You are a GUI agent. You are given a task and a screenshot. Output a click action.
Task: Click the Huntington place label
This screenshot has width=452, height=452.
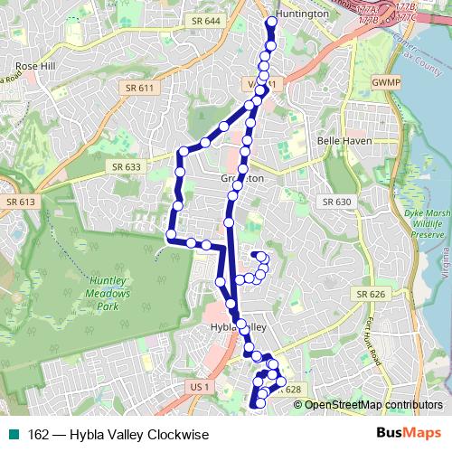point(301,14)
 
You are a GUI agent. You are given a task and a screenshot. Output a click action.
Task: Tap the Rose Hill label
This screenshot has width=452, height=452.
point(35,67)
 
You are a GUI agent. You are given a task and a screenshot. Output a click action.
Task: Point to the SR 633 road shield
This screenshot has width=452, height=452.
point(125,166)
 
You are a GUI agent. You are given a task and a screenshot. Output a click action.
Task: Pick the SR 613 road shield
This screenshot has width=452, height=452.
point(19,202)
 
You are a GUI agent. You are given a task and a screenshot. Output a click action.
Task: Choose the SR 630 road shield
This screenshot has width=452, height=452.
point(337,202)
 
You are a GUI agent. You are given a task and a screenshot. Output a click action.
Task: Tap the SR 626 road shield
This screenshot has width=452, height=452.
point(371,294)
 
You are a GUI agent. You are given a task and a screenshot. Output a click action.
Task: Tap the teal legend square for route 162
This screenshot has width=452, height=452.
point(10,434)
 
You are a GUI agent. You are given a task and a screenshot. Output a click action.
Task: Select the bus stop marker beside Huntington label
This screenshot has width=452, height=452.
point(272,21)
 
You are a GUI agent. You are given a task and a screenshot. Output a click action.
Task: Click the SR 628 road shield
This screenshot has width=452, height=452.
point(289,390)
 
